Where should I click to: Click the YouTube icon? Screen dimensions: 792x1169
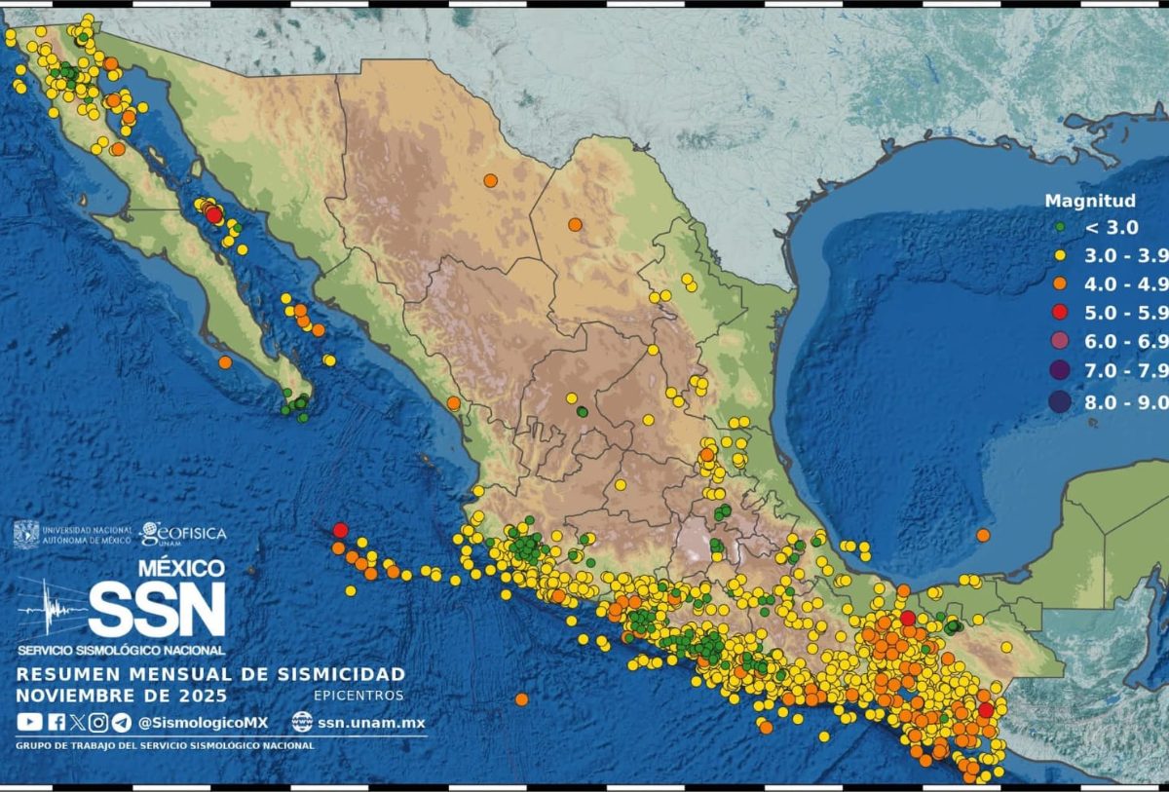29,722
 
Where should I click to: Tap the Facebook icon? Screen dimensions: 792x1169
56,722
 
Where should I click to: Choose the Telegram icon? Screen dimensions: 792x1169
121,722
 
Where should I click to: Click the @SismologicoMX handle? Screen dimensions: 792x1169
203,723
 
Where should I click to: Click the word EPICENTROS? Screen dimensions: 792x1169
358,696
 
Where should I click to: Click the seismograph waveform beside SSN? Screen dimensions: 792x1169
52,610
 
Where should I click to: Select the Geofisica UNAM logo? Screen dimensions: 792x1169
183,533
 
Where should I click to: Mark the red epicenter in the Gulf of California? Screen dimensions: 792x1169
214,215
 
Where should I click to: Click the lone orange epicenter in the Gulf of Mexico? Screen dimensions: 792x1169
983,535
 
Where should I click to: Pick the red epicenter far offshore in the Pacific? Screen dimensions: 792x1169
340,530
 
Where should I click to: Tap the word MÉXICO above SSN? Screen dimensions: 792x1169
180,568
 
